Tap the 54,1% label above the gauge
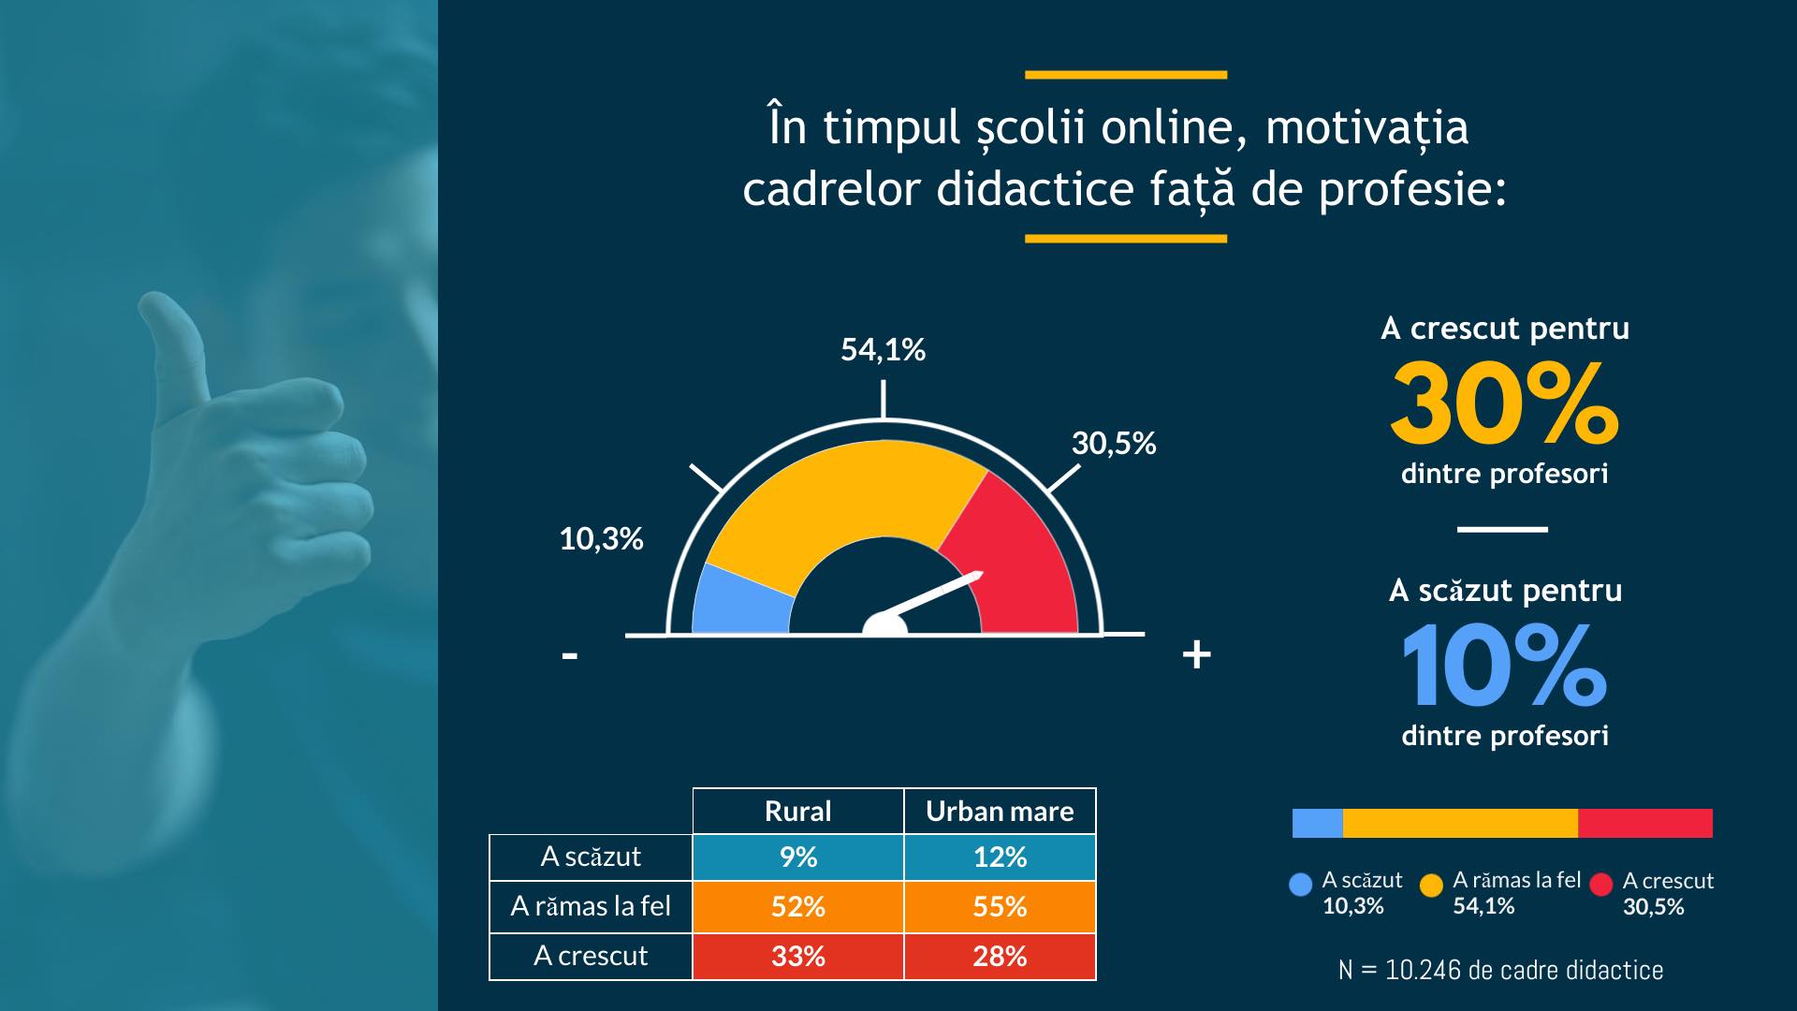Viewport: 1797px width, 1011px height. [x=883, y=350]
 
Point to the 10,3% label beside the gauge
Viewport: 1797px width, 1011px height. [x=601, y=539]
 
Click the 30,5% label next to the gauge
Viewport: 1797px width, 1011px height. [x=1114, y=444]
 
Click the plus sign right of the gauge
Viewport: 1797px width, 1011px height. [x=1196, y=654]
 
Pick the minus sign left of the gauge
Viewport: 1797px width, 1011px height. [x=569, y=655]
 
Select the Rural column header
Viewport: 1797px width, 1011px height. [x=797, y=811]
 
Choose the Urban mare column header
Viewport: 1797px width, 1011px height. [x=1000, y=811]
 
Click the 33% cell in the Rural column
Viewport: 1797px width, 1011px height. [x=797, y=956]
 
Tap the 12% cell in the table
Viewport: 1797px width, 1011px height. [x=1000, y=857]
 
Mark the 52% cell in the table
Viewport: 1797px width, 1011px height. [x=797, y=906]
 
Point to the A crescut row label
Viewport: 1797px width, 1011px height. [x=591, y=956]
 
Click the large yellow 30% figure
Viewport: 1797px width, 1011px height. [x=1504, y=404]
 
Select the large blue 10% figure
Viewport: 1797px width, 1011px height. [x=1504, y=666]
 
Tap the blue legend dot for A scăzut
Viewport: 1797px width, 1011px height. [x=1300, y=885]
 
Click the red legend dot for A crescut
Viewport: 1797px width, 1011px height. [x=1600, y=885]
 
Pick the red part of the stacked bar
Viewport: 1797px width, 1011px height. [x=1644, y=823]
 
